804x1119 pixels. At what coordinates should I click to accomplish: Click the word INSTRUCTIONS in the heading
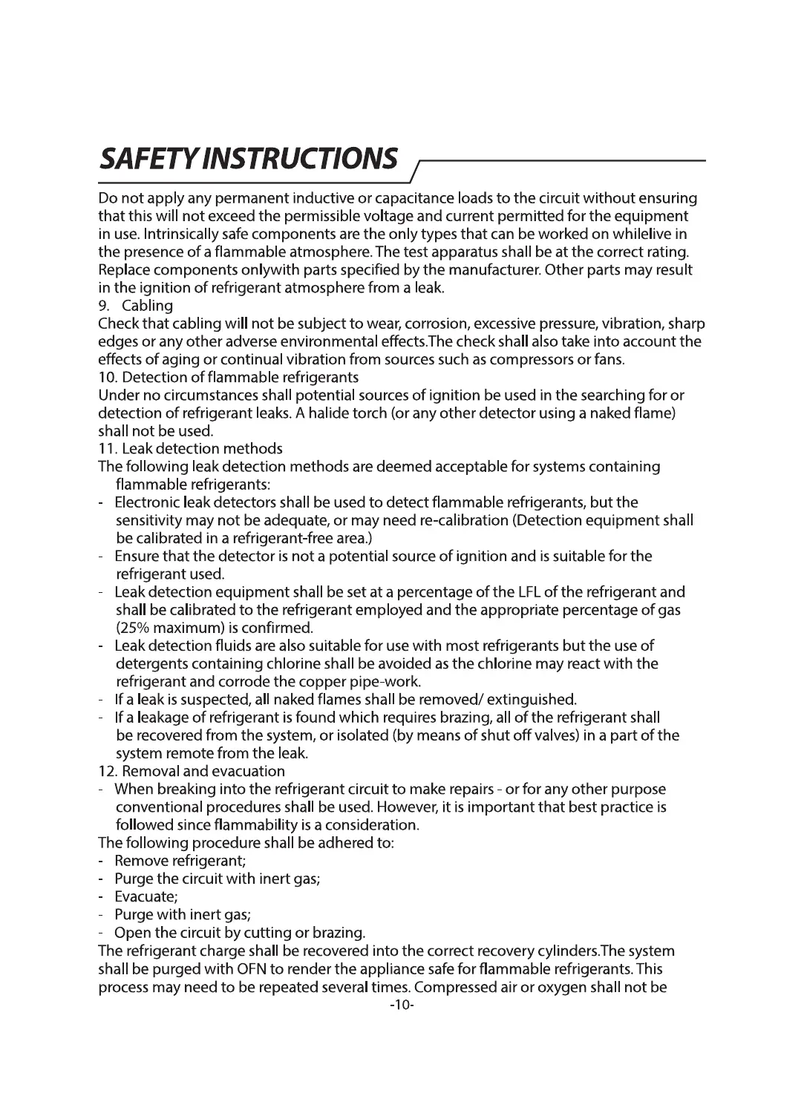pyautogui.click(x=301, y=158)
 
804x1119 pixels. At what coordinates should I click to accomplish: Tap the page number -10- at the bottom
pyautogui.click(x=401, y=1005)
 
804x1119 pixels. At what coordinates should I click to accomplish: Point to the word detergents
pyautogui.click(x=150, y=663)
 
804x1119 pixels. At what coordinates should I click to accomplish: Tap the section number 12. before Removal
pyautogui.click(x=108, y=771)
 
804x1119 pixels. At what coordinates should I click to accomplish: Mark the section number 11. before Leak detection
pyautogui.click(x=108, y=449)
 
